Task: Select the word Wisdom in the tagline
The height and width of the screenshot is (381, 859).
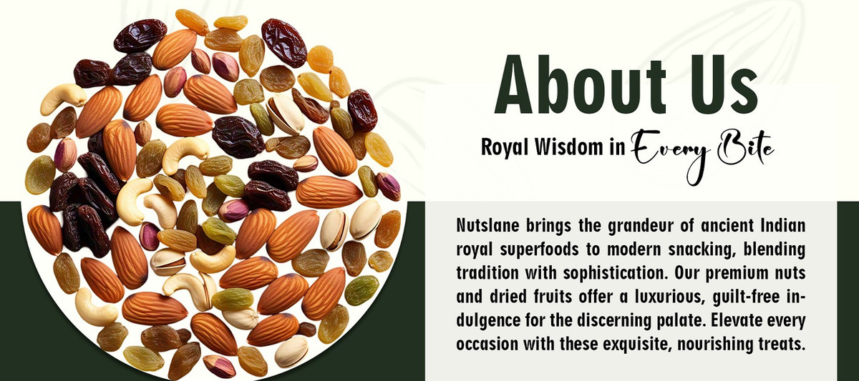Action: coord(569,147)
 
